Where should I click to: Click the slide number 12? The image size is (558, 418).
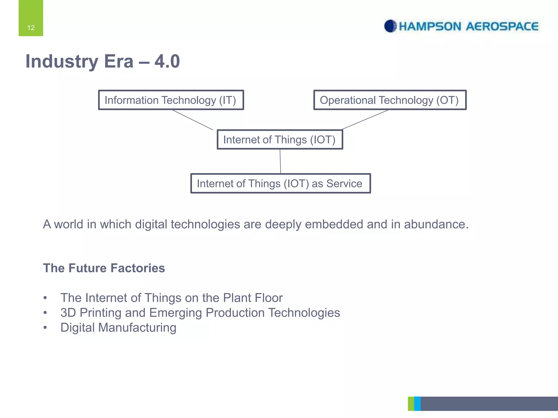point(31,27)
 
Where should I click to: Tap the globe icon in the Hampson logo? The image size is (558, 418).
point(390,26)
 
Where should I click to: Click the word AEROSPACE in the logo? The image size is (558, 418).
point(502,26)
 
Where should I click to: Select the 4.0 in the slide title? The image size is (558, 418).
point(167,61)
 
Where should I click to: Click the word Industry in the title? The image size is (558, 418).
point(62,61)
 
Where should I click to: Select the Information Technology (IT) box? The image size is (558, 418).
point(171,100)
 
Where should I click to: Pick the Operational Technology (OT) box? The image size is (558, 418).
point(390,100)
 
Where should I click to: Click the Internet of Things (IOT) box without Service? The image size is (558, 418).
point(280,140)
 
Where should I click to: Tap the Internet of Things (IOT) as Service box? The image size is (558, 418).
point(280,183)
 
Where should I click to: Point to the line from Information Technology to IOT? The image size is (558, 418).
point(192,120)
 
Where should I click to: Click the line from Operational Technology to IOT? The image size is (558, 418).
point(365,119)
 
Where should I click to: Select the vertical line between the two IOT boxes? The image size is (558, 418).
point(280,161)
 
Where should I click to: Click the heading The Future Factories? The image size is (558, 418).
point(104,268)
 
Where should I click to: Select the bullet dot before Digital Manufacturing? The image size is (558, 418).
point(45,327)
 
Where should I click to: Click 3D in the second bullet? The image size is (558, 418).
point(68,313)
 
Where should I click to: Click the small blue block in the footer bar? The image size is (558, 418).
point(417,404)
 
